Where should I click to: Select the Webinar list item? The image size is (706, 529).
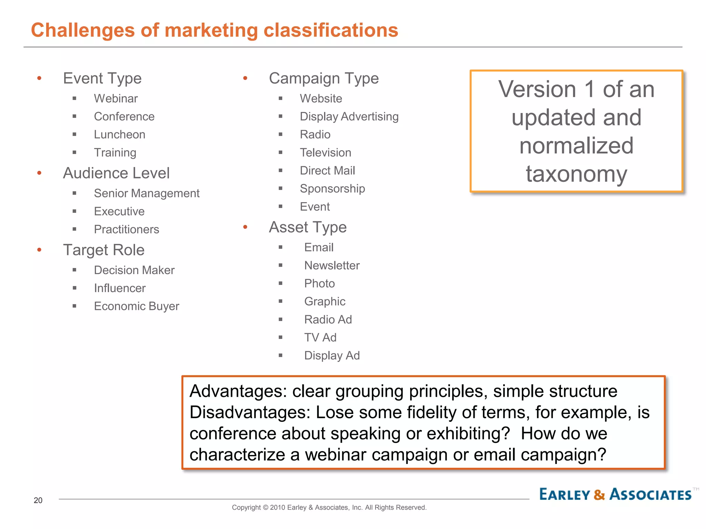point(116,98)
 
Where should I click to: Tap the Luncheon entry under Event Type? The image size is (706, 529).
point(120,134)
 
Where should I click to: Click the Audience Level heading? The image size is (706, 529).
point(116,173)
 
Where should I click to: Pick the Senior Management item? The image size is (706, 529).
point(147,193)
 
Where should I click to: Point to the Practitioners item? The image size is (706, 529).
point(127,229)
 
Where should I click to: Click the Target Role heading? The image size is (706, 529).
point(104,250)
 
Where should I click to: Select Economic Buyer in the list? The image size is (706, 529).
point(137,306)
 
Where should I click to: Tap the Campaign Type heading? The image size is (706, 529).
point(324,79)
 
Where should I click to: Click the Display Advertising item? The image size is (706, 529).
point(349,116)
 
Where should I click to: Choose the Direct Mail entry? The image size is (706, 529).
point(327,170)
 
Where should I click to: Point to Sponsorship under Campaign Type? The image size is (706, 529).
point(332,188)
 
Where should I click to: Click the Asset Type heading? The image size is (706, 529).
point(307,227)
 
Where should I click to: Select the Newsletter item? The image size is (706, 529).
point(332,266)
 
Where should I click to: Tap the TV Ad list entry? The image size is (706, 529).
point(320,338)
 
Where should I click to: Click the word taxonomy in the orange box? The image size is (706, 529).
point(576,174)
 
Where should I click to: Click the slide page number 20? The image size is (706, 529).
point(38,500)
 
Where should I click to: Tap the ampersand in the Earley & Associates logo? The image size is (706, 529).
point(599,495)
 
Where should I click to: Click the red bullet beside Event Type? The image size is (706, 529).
point(39,79)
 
